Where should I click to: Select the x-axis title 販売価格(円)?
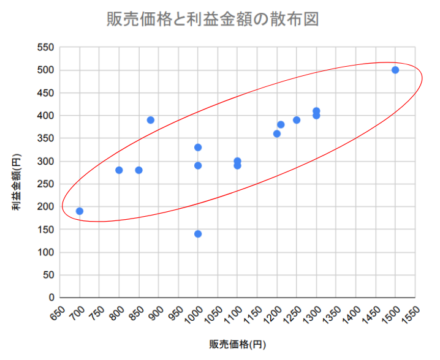tap(237, 344)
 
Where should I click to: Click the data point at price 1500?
tap(395, 70)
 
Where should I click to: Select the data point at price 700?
tap(79, 211)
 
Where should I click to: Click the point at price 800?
tap(119, 170)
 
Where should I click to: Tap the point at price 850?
tap(138, 170)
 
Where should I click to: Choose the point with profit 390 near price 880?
tap(151, 120)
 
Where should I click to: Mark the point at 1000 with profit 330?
tap(198, 148)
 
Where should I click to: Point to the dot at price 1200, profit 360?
tap(277, 133)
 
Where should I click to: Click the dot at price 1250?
tap(297, 120)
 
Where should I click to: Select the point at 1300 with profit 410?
tap(316, 111)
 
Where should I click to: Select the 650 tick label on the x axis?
tap(57, 313)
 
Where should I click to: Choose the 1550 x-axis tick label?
tap(412, 314)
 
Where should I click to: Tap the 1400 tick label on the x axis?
tap(352, 314)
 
